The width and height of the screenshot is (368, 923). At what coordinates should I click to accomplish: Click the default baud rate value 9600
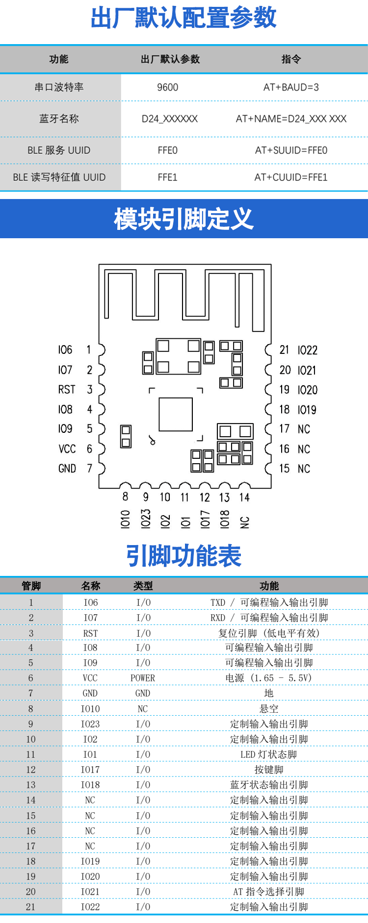click(x=167, y=87)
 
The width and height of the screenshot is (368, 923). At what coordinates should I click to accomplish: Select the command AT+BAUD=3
click(x=291, y=87)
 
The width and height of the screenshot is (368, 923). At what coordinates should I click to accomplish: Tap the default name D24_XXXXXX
click(x=170, y=119)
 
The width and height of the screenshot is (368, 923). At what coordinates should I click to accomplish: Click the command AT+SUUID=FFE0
click(x=291, y=150)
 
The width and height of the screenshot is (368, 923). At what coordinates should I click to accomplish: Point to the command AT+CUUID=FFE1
click(x=291, y=177)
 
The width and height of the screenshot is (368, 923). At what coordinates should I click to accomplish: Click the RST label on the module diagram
click(x=67, y=390)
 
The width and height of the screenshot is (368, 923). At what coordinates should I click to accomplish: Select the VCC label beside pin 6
click(x=67, y=449)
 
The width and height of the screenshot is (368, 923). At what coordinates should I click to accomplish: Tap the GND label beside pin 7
click(x=67, y=469)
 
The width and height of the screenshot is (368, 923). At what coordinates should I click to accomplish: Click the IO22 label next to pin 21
click(x=308, y=350)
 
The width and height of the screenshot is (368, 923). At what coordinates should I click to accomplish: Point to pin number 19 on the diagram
click(x=285, y=390)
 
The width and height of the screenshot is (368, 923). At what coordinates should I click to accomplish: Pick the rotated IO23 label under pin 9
click(x=146, y=519)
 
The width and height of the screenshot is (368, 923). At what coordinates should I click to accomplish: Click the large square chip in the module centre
click(x=175, y=414)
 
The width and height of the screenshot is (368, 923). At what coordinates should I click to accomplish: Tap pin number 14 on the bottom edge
click(x=244, y=498)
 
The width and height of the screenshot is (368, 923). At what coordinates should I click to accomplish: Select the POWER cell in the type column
click(x=143, y=678)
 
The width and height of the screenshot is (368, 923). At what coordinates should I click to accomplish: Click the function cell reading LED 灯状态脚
click(x=269, y=754)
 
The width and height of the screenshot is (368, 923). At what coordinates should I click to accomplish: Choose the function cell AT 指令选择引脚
click(x=269, y=892)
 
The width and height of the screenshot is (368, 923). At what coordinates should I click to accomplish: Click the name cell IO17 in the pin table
click(x=90, y=770)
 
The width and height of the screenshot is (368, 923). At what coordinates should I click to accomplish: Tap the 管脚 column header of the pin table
click(x=31, y=586)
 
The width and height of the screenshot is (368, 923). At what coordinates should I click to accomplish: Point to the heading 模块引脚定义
click(x=184, y=219)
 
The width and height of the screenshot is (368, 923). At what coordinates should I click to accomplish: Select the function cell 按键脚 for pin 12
click(x=269, y=770)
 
